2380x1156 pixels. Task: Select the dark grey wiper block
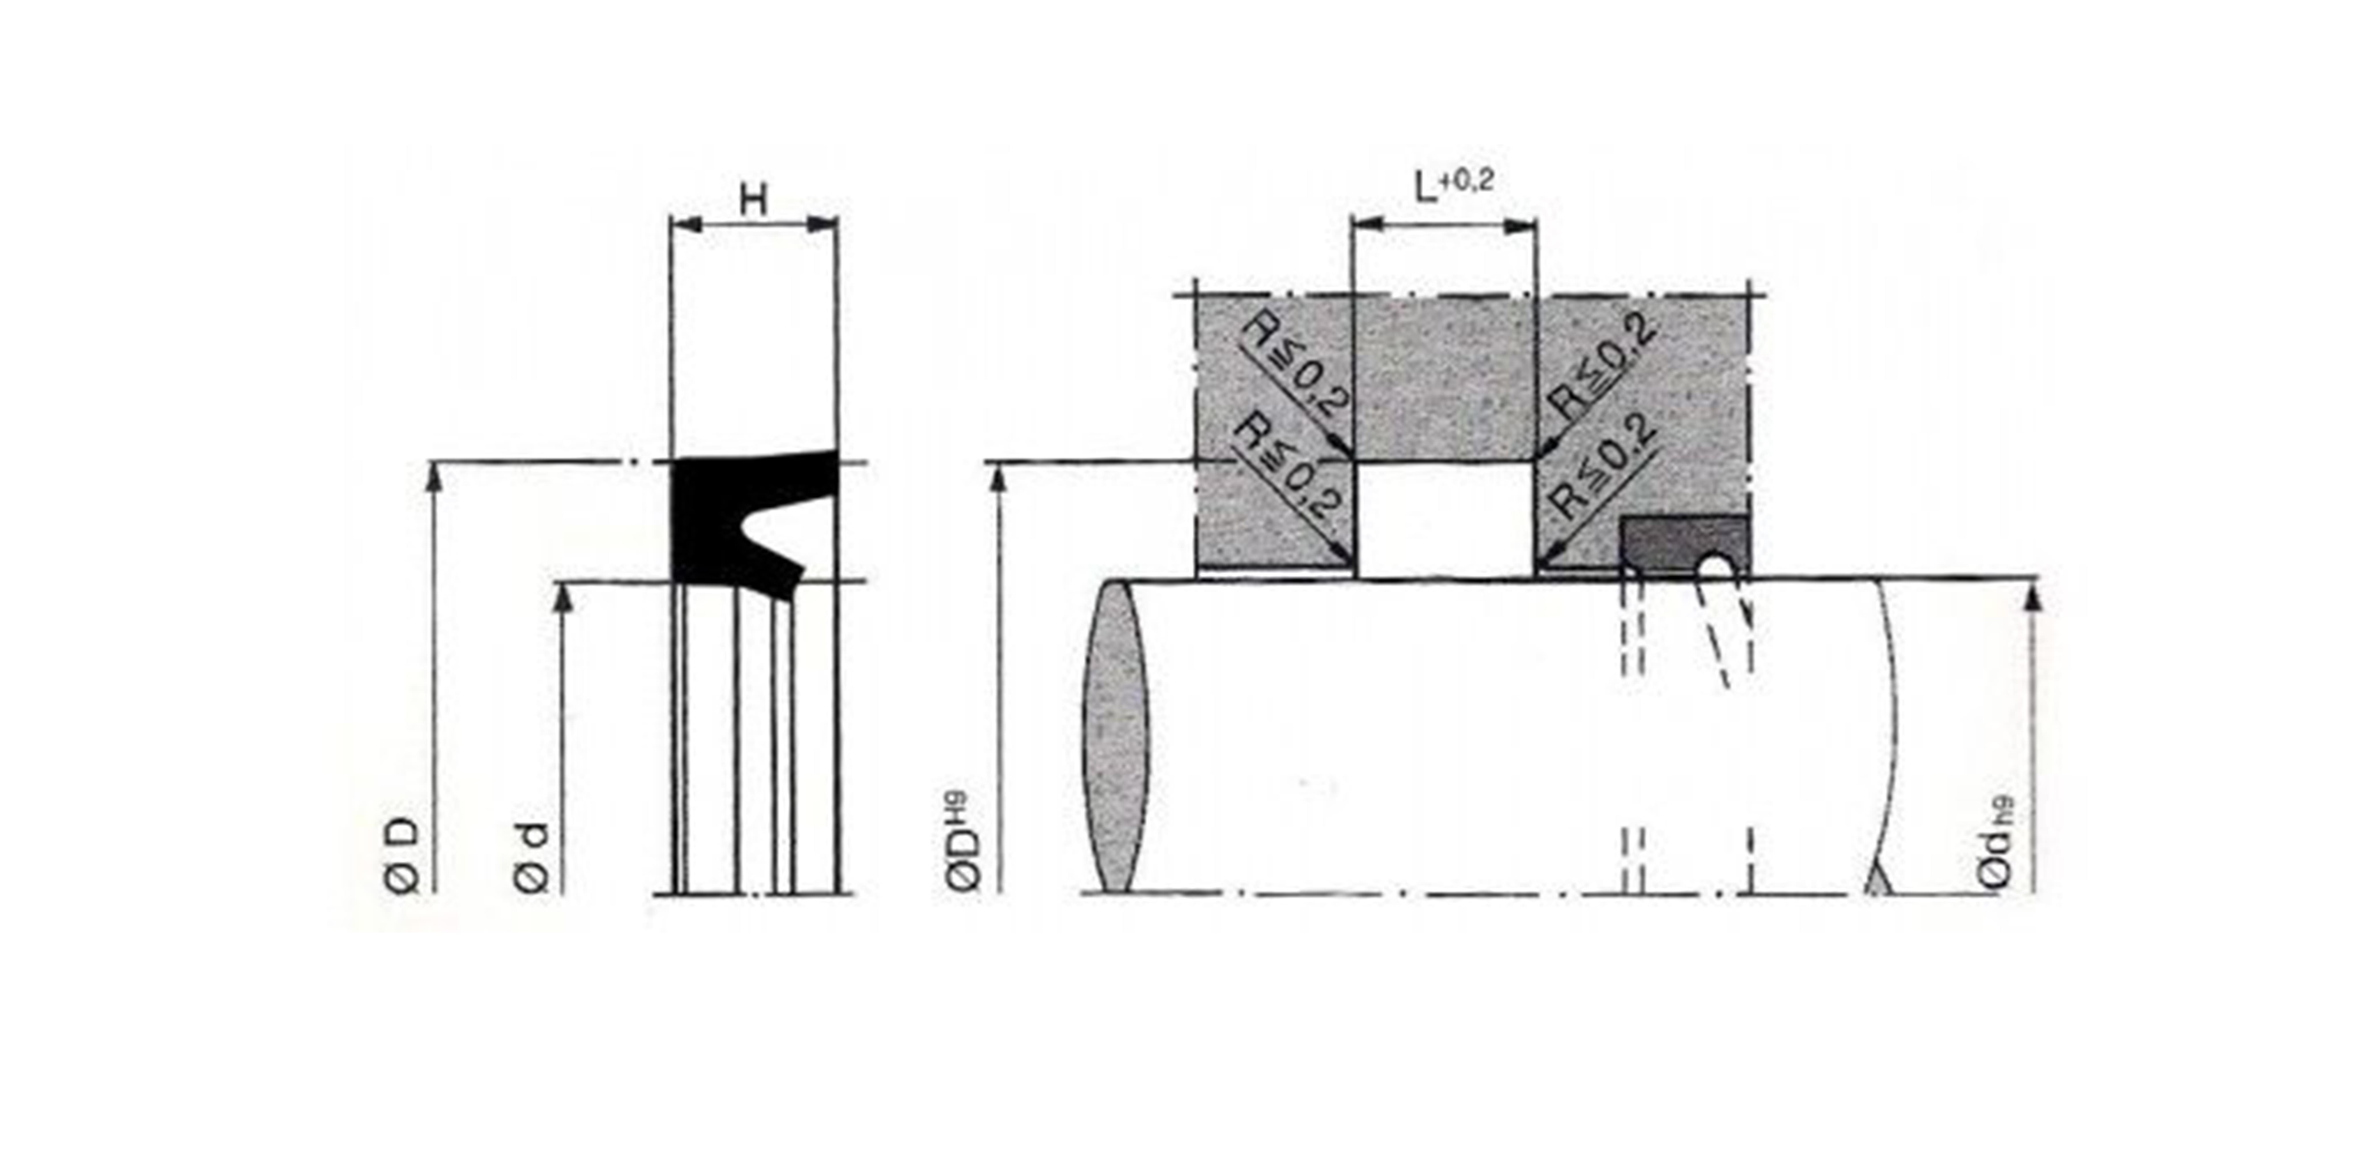[1683, 545]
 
